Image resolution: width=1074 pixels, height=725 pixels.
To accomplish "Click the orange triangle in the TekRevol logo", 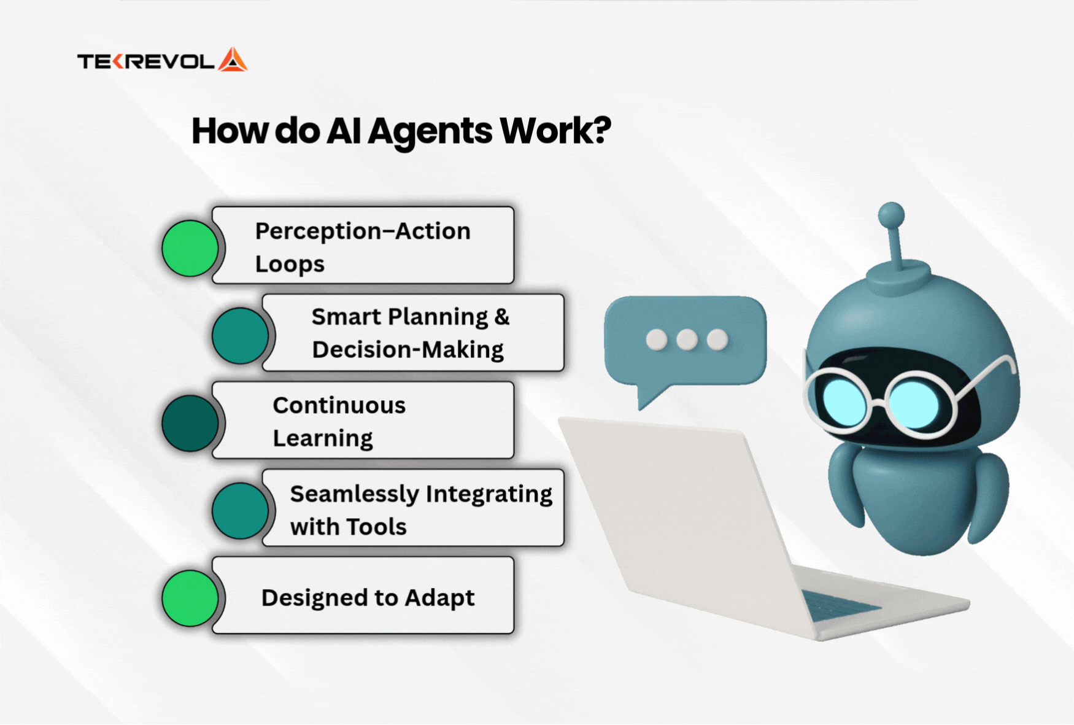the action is pyautogui.click(x=233, y=60).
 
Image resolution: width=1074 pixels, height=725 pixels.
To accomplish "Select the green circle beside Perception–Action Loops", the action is pyautogui.click(x=190, y=248).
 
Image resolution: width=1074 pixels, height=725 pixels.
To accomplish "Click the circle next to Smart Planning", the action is pyautogui.click(x=240, y=336).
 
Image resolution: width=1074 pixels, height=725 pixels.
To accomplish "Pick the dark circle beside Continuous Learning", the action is pyautogui.click(x=190, y=423).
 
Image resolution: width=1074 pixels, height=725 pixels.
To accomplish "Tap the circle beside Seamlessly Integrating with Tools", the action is pyautogui.click(x=240, y=511).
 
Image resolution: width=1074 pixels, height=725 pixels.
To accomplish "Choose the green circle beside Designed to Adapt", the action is pyautogui.click(x=190, y=598).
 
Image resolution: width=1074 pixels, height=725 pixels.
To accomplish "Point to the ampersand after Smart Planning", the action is pyautogui.click(x=502, y=317).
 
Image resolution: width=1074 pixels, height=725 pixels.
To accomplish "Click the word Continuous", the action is pyautogui.click(x=339, y=405).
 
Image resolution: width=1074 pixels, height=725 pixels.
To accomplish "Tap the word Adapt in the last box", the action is pyautogui.click(x=439, y=598).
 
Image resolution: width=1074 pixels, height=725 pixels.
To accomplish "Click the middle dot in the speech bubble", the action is pyautogui.click(x=687, y=339).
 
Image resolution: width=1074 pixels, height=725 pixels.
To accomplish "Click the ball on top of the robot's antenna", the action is pyautogui.click(x=891, y=215).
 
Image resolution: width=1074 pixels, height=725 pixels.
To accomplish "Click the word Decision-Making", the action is pyautogui.click(x=408, y=350).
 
